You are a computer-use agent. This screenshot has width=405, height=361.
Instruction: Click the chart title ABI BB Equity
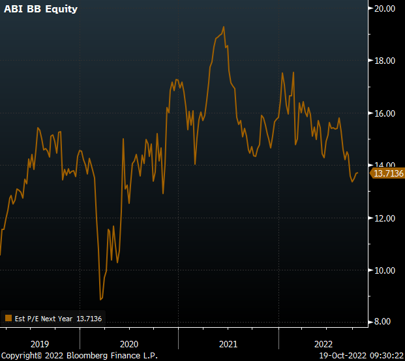40,10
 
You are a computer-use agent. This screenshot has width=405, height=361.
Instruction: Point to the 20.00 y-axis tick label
385,8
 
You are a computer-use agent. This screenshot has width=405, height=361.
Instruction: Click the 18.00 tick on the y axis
385,61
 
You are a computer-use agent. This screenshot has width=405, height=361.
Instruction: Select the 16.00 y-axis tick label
385,113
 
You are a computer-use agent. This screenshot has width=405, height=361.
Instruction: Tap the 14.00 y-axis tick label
385,166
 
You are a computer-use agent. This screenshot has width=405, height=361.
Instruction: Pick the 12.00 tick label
385,218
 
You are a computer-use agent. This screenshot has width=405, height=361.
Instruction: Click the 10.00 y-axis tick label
385,270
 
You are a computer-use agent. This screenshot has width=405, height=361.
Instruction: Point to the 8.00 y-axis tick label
387,322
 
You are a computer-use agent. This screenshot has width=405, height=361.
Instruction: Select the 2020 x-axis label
128,343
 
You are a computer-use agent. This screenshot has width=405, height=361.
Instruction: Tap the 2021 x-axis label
228,343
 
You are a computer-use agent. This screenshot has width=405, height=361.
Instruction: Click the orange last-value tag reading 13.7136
387,173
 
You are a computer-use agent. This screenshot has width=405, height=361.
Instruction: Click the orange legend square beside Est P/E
8,319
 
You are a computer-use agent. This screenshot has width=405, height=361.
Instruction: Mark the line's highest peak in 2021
224,27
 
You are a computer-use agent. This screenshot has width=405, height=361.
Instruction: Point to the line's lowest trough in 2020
100,299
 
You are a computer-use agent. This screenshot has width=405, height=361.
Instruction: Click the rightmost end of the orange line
357,173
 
